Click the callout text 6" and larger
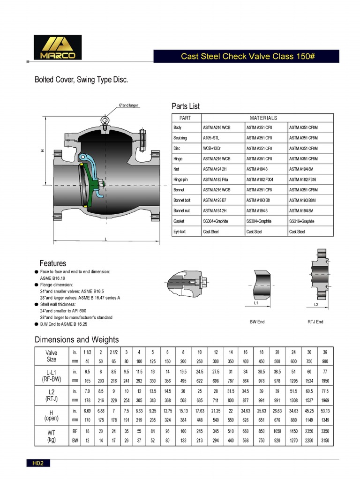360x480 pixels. point(129,105)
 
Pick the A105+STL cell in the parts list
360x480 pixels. point(211,138)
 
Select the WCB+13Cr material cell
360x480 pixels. point(212,149)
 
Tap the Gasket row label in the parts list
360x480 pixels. point(179,221)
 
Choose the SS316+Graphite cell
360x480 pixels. point(301,221)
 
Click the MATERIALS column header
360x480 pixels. point(263,118)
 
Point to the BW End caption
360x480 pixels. point(257,322)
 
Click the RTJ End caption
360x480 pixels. point(315,322)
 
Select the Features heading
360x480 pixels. point(53,263)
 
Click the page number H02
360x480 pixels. point(38,464)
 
